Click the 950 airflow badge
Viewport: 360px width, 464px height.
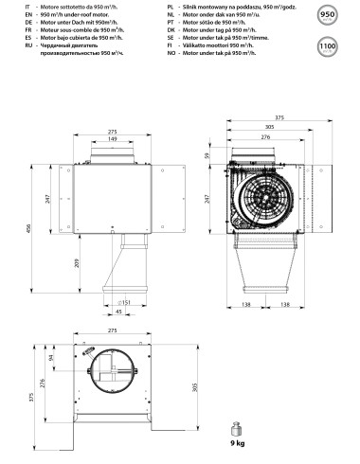[329, 16]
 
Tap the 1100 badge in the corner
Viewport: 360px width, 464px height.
[329, 45]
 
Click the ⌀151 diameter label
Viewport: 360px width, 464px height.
[124, 303]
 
